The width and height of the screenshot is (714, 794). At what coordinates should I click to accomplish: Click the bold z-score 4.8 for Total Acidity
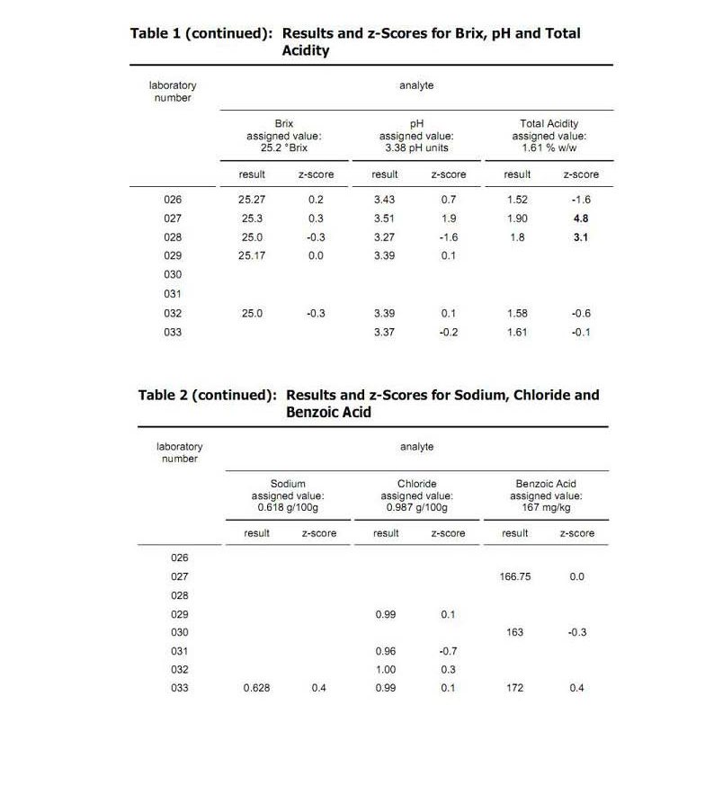pyautogui.click(x=580, y=219)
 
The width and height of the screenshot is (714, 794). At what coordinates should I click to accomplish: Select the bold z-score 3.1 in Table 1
pyautogui.click(x=580, y=237)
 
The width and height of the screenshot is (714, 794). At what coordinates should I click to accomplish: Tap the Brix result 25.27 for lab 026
pyautogui.click(x=252, y=200)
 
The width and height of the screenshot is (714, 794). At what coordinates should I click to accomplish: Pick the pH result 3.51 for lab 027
pyautogui.click(x=384, y=219)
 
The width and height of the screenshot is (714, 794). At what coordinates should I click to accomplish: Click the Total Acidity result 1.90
pyautogui.click(x=517, y=219)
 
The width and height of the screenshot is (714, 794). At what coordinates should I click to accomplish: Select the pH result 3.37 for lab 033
pyautogui.click(x=384, y=332)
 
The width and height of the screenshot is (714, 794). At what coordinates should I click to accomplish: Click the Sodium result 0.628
pyautogui.click(x=257, y=688)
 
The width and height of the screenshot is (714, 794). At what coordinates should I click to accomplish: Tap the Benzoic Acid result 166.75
pyautogui.click(x=514, y=576)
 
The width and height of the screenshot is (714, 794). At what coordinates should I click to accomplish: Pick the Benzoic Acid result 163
pyautogui.click(x=514, y=632)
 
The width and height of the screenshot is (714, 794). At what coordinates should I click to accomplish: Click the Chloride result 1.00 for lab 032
pyautogui.click(x=386, y=669)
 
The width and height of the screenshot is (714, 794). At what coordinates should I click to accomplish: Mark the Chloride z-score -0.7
pyautogui.click(x=448, y=650)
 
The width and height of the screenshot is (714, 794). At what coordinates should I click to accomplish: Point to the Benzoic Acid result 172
pyautogui.click(x=514, y=688)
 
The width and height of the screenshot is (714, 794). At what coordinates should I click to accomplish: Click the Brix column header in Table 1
pyautogui.click(x=284, y=124)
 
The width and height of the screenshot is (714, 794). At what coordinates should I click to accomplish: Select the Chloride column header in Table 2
pyautogui.click(x=416, y=484)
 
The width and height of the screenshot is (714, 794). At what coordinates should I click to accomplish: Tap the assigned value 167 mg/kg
pyautogui.click(x=546, y=507)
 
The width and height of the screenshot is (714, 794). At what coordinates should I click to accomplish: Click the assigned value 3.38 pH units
pyautogui.click(x=416, y=147)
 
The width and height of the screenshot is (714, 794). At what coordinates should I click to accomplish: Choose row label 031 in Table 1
pyautogui.click(x=173, y=294)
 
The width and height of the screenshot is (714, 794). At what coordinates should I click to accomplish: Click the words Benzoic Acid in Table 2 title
pyautogui.click(x=328, y=413)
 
